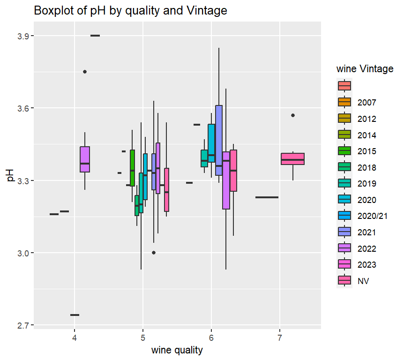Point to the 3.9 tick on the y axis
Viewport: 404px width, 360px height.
point(23,36)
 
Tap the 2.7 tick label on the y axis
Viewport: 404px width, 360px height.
point(23,325)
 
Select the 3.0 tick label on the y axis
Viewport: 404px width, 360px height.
point(23,253)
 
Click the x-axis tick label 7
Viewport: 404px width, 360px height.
point(280,338)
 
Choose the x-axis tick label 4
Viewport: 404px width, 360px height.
point(75,338)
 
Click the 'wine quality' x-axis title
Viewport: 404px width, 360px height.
point(177,350)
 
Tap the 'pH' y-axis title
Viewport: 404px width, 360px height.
point(10,180)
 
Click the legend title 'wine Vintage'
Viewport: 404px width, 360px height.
point(365,69)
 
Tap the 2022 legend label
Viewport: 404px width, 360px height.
point(367,248)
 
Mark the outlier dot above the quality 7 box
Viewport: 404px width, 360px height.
point(293,115)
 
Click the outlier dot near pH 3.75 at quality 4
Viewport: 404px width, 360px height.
point(85,72)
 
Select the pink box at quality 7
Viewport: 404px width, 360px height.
point(293,159)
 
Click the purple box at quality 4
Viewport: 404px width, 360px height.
point(85,159)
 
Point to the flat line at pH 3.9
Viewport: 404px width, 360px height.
point(95,36)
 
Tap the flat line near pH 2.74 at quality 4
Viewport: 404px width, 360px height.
point(75,315)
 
